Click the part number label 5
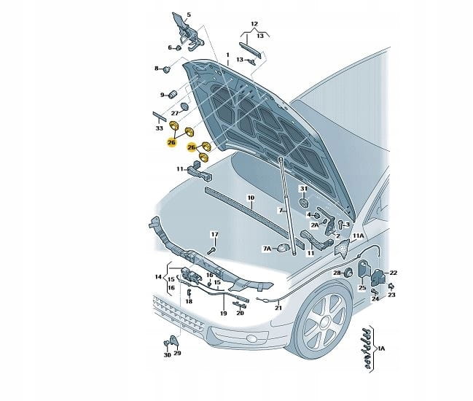(x=187, y=15)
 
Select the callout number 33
(x=160, y=128)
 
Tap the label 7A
(x=267, y=249)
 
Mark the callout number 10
(x=250, y=198)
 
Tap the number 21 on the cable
(x=278, y=308)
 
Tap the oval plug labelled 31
(x=304, y=203)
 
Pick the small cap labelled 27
(x=185, y=106)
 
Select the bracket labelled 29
(x=173, y=340)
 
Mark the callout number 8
(x=155, y=69)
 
